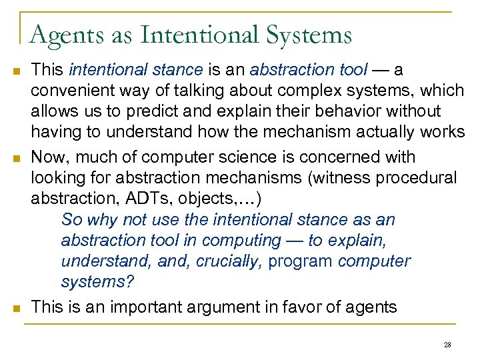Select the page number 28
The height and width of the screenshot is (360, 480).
447,344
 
